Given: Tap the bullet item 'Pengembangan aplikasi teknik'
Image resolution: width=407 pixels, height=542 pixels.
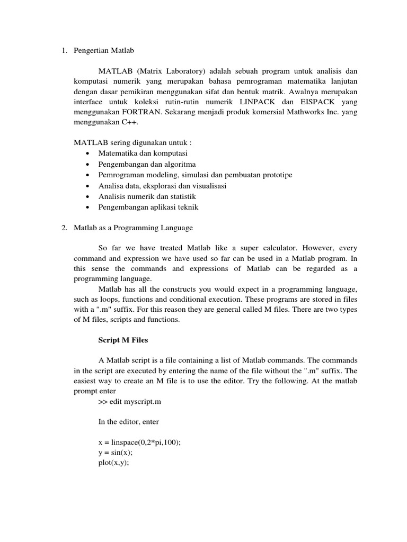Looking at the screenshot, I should pyautogui.click(x=148, y=207).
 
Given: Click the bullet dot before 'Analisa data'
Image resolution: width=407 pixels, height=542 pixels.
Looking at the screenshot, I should pyautogui.click(x=86, y=186).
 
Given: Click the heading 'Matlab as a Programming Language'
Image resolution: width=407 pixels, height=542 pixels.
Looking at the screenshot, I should pyautogui.click(x=133, y=228).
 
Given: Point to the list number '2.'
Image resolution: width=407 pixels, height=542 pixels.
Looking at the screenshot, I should pyautogui.click(x=64, y=228).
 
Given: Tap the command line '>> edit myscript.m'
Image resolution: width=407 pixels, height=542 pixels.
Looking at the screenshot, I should pyautogui.click(x=129, y=402).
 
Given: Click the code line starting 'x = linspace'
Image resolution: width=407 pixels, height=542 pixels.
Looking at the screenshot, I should pyautogui.click(x=139, y=442).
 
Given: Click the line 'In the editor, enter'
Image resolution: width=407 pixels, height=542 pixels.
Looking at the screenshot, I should pyautogui.click(x=128, y=422).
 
